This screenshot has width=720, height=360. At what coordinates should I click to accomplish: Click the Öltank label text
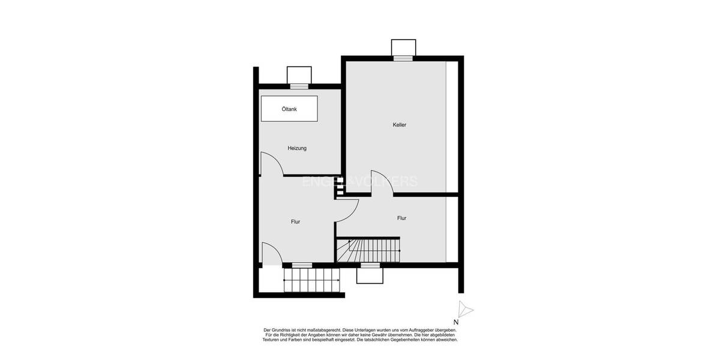click(289, 109)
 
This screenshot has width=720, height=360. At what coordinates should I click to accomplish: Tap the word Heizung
click(297, 148)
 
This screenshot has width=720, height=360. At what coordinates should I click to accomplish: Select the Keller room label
click(400, 125)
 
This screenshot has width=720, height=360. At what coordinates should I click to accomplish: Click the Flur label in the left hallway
click(295, 222)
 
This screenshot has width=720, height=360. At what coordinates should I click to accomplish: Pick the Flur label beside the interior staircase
click(401, 218)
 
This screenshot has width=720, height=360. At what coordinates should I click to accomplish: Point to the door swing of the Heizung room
click(271, 164)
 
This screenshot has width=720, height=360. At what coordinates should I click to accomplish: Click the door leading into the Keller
click(382, 183)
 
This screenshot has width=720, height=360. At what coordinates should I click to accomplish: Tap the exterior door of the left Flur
click(272, 253)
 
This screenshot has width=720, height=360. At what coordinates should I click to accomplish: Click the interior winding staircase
click(368, 250)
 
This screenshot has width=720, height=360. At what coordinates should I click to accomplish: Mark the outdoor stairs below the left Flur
click(311, 280)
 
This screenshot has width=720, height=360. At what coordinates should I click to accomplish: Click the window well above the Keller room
click(403, 47)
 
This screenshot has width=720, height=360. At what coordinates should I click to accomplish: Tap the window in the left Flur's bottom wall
click(302, 265)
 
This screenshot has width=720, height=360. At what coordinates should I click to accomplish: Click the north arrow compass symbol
click(465, 310)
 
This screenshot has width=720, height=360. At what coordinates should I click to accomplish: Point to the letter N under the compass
click(456, 322)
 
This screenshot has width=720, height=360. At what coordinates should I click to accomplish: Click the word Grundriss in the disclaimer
click(284, 330)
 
